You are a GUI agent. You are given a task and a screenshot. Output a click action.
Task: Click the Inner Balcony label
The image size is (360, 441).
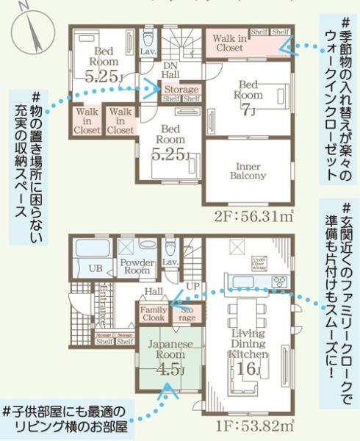pyautogui.click(x=247, y=171)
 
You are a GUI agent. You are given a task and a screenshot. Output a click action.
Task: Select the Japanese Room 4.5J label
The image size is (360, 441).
pyautogui.click(x=170, y=359)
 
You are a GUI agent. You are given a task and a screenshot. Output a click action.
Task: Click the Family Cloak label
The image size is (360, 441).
pyautogui.click(x=153, y=313)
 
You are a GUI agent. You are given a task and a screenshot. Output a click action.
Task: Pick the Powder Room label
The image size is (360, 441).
pyautogui.click(x=137, y=266)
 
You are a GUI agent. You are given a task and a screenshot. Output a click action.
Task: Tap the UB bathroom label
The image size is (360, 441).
pyautogui.click(x=96, y=268)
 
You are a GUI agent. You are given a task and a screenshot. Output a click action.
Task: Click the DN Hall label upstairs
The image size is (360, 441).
pyautogui.click(x=170, y=71)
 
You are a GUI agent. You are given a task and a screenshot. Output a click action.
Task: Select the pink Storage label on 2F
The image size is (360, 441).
pyautogui.click(x=181, y=90)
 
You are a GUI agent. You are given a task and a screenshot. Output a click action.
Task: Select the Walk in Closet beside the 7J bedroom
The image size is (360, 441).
pyautogui.click(x=230, y=43)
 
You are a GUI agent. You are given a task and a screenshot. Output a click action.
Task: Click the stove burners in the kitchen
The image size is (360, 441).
pyautogui.click(x=280, y=282)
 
